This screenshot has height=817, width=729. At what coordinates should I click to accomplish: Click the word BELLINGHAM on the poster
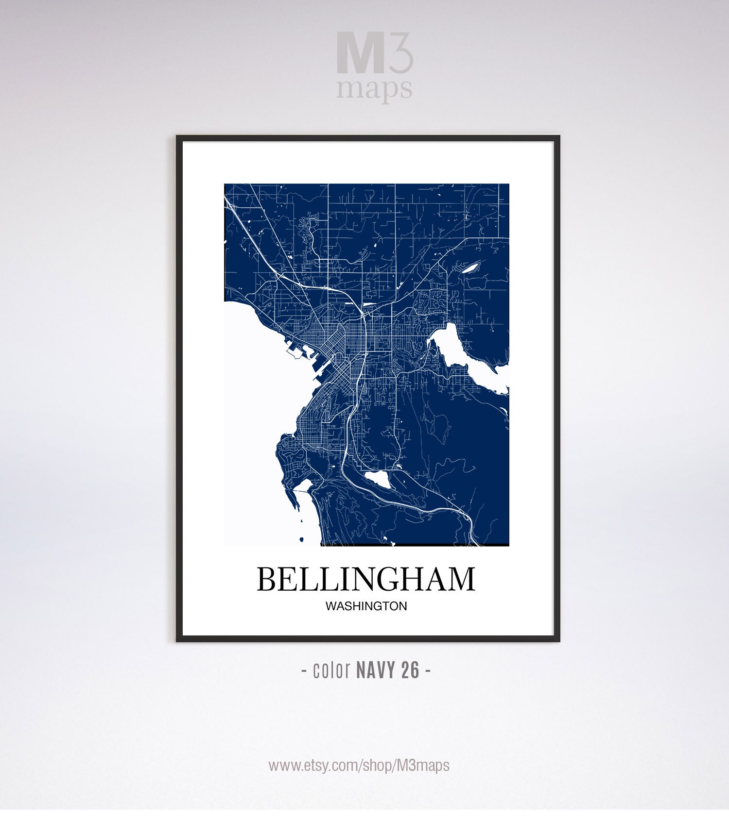coord(365,579)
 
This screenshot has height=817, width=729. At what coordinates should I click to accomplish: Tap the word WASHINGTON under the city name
coord(366,606)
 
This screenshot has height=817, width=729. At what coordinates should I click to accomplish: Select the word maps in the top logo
coord(374,89)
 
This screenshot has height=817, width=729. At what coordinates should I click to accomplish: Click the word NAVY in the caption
coord(375,670)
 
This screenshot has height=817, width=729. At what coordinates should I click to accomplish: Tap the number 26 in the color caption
coord(410,670)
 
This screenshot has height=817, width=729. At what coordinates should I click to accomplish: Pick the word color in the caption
coord(332,670)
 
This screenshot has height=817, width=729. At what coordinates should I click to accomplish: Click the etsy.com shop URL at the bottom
coord(359,766)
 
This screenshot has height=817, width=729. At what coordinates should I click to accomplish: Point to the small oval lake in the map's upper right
coord(470,267)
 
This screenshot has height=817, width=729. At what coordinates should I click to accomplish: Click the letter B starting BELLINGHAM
coord(267,579)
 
